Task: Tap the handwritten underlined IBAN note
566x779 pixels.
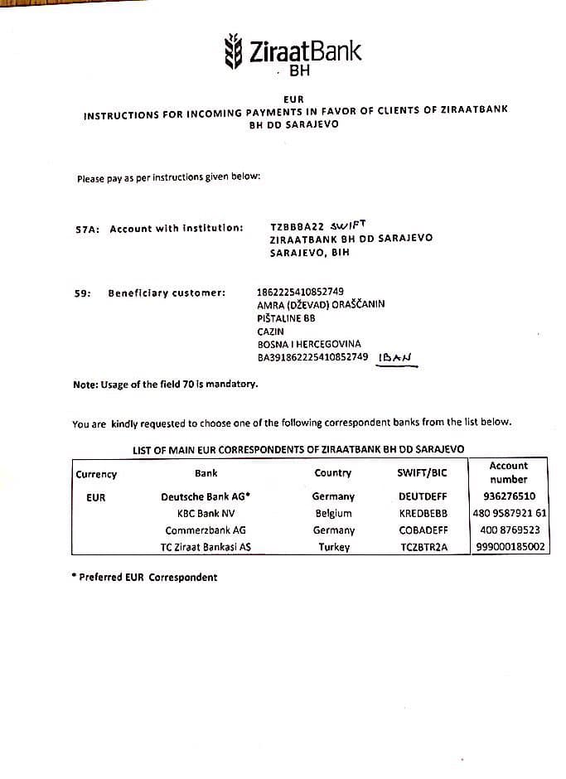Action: point(396,358)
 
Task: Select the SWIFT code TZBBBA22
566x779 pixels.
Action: point(298,226)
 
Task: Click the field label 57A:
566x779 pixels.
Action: point(87,228)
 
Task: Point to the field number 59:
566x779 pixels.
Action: point(82,293)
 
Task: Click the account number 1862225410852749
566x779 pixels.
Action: point(301,291)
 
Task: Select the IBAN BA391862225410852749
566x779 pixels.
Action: point(312,357)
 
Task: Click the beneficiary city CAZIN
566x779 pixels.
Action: point(270,331)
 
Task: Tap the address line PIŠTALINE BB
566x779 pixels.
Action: point(287,317)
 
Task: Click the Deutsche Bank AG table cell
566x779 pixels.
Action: point(206,496)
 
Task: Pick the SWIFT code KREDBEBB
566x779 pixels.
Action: point(423,513)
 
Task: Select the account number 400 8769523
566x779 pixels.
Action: point(510,530)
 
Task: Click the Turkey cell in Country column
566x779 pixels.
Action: point(334,547)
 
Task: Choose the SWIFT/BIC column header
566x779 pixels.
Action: point(423,473)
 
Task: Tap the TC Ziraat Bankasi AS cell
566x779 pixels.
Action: point(206,547)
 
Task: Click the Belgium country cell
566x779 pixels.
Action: point(334,513)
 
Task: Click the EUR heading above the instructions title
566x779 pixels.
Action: point(293,99)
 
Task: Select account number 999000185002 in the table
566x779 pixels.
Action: point(510,547)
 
